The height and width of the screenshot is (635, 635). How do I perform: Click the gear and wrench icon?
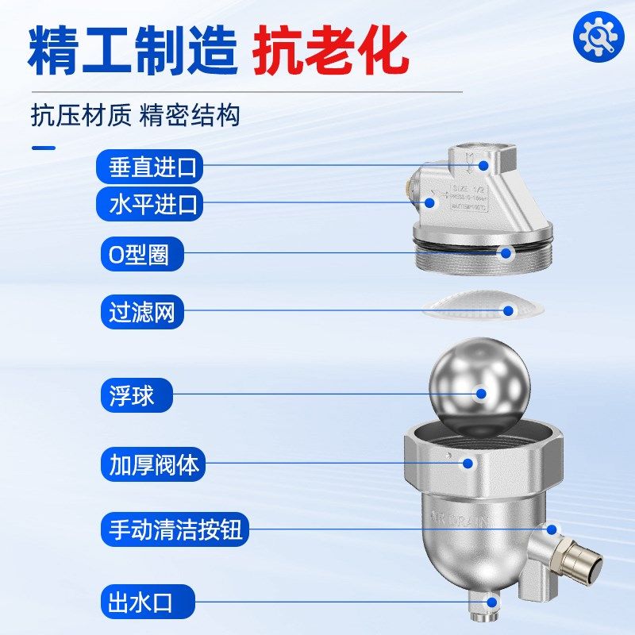pyautogui.click(x=598, y=36)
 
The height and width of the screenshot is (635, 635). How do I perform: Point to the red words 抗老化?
pyautogui.click(x=332, y=51)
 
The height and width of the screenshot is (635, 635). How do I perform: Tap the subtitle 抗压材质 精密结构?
pyautogui.click(x=135, y=116)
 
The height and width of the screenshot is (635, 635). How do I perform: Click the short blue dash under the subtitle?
pyautogui.click(x=43, y=148)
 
